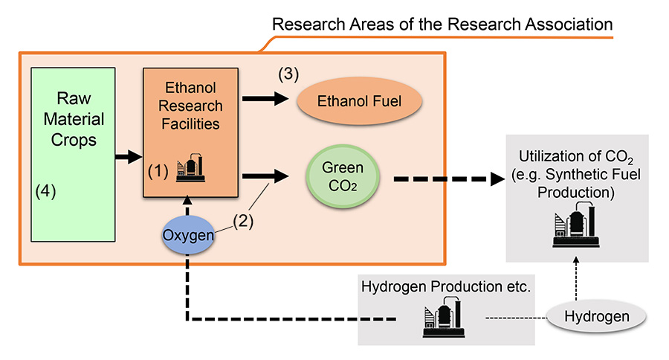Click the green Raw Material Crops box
73,154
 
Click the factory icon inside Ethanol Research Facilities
191,169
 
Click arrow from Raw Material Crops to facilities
129,156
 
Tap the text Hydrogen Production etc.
445,286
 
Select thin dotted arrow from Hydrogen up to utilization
575,279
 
